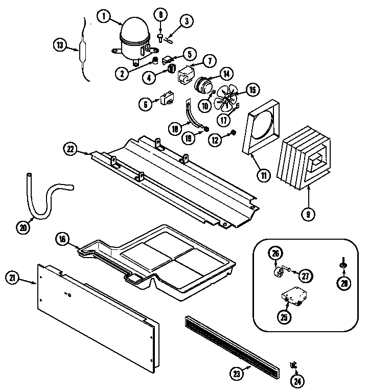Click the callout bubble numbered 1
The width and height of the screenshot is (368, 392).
104,17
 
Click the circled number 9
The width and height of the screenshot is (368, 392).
308,214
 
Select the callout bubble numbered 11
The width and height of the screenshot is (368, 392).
264,175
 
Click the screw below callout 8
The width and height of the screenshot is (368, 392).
161,37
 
